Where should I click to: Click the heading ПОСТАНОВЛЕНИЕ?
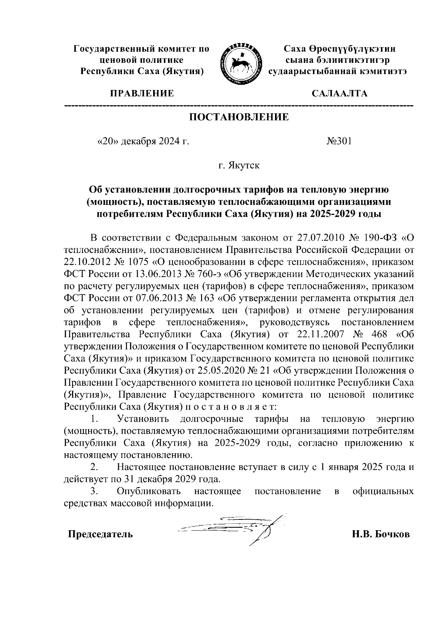pos(239,117)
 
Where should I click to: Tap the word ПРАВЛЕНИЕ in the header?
pos(141,93)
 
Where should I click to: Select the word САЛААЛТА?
pos(339,93)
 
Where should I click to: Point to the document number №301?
pos(339,141)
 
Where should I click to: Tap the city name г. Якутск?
pos(239,165)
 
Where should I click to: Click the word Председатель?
pos(100,534)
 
